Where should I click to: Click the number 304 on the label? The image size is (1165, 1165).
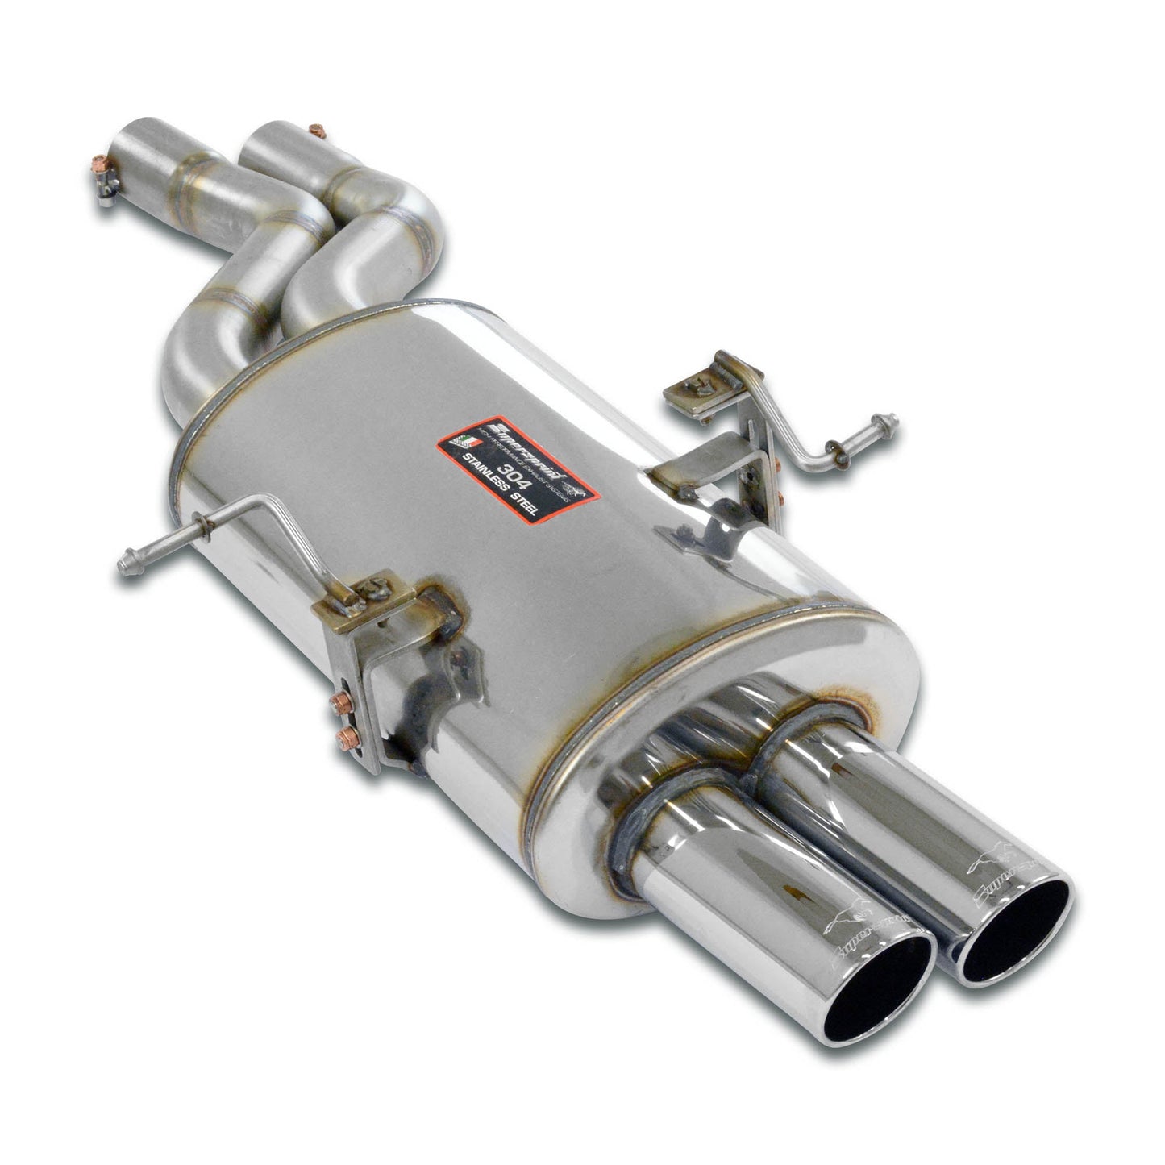pos(494,468)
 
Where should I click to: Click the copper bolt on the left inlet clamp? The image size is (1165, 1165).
pos(97,169)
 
